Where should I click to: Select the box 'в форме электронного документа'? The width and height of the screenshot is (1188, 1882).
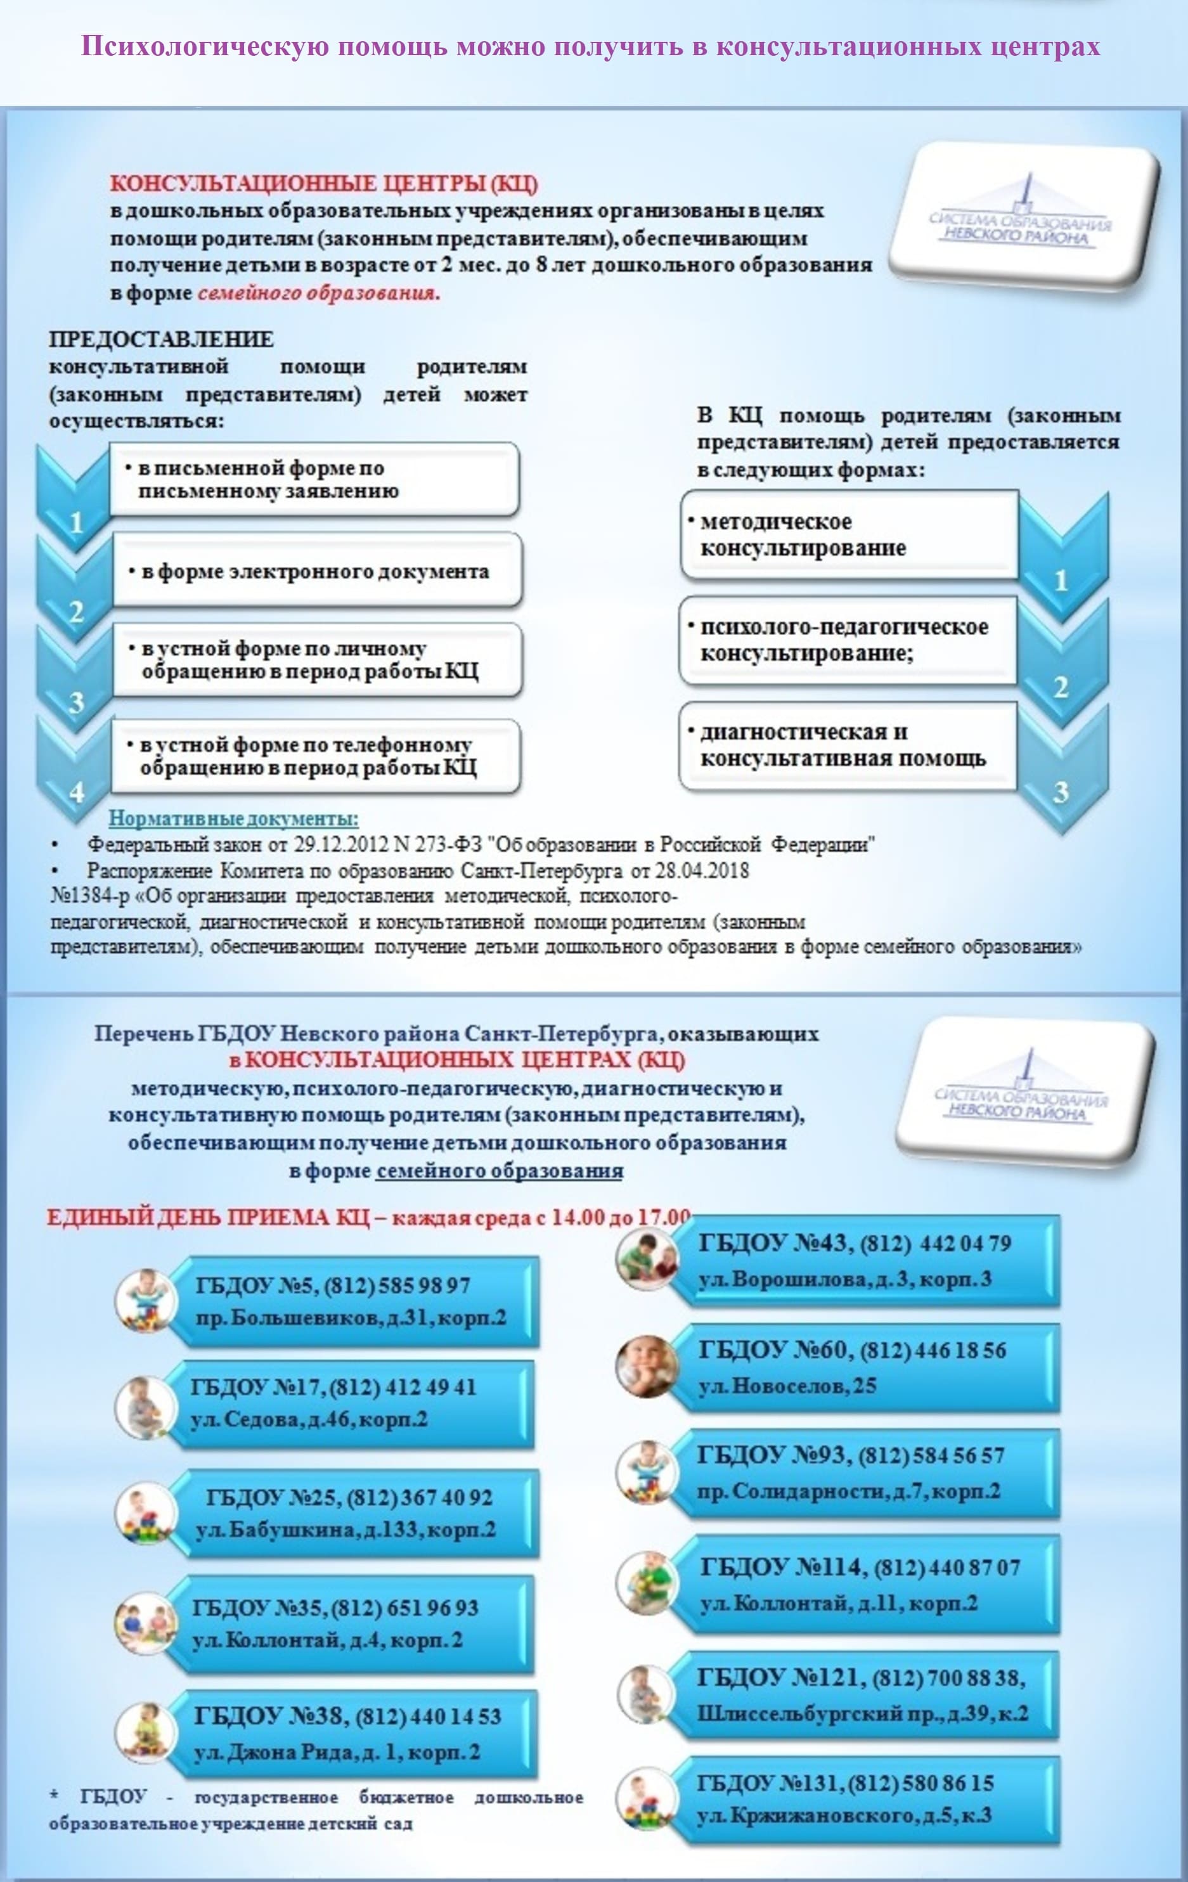(316, 570)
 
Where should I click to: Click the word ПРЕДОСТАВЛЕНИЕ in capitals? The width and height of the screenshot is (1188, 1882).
(161, 339)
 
